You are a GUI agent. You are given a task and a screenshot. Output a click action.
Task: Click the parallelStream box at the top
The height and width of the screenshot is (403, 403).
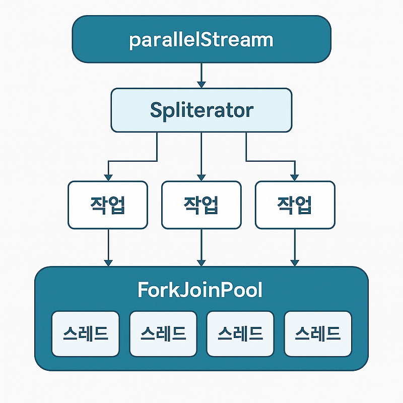pyautogui.click(x=201, y=39)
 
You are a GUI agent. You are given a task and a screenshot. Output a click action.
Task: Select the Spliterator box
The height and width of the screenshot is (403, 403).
pyautogui.click(x=201, y=110)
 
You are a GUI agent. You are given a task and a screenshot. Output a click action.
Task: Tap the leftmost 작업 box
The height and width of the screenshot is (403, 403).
pyautogui.click(x=108, y=205)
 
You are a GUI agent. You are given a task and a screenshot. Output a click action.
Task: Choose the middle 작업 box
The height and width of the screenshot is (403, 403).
pyautogui.click(x=201, y=205)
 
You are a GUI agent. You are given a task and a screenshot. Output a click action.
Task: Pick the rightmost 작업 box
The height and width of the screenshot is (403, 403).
pyautogui.click(x=295, y=205)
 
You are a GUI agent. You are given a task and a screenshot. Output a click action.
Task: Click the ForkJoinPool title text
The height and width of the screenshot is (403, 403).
pyautogui.click(x=200, y=291)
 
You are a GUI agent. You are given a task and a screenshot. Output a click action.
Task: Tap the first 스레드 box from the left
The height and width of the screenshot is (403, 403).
pyautogui.click(x=86, y=333)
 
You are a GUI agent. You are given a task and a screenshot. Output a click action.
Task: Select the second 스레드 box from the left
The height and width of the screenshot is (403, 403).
pyautogui.click(x=163, y=333)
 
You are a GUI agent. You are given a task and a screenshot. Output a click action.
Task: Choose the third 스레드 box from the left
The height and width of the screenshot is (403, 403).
pyautogui.click(x=240, y=333)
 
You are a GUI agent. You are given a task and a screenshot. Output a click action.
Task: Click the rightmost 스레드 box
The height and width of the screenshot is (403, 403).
pyautogui.click(x=318, y=333)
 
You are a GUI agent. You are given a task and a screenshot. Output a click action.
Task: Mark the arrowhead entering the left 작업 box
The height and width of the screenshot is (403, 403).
pyautogui.click(x=108, y=177)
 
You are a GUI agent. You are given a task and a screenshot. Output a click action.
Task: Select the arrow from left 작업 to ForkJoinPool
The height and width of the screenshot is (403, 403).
pyautogui.click(x=108, y=247)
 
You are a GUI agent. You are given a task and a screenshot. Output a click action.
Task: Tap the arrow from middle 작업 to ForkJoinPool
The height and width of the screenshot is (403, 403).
pyautogui.click(x=201, y=247)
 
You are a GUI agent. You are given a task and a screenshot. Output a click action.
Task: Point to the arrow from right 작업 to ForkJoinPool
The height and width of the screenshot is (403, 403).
pyautogui.click(x=295, y=247)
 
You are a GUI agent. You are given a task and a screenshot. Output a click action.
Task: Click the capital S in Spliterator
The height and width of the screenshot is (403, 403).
pyautogui.click(x=156, y=110)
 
